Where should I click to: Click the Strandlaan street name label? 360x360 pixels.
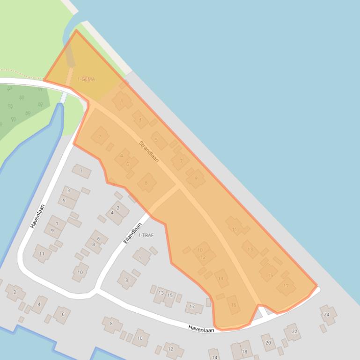point(149,151)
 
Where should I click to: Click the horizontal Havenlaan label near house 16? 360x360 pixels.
point(201,329)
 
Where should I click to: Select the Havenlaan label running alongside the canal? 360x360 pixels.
point(37,216)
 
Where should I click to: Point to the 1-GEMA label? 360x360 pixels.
point(86,79)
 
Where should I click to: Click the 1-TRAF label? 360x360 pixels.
point(146,235)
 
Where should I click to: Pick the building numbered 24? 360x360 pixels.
point(328,314)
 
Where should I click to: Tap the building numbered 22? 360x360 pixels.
point(293,331)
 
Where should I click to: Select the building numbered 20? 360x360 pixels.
point(268,342)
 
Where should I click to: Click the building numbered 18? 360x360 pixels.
point(242,350)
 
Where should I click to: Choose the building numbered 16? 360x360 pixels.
point(233,305)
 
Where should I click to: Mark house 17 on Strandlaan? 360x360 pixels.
point(286,286)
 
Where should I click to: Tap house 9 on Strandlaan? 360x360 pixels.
point(196,178)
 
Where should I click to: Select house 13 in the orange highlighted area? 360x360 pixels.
point(250,249)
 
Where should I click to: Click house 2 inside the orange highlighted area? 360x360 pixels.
point(99,137)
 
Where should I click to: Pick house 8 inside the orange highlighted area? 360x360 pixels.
point(146,183)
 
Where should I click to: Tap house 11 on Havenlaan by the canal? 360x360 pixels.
point(42,253)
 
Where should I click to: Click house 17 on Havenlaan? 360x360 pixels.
point(192,307)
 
